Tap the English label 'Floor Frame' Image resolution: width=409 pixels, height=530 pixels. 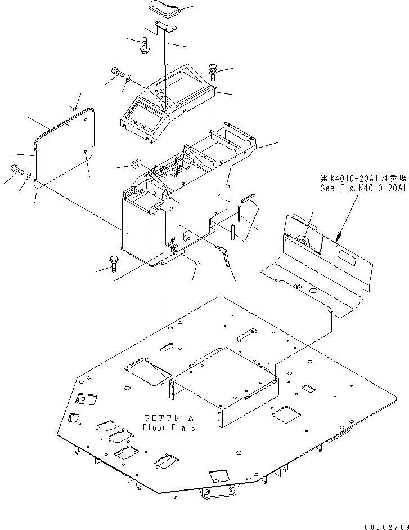169,427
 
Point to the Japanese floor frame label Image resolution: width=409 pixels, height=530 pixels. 169,418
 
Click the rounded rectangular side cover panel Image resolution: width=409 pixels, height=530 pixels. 64,146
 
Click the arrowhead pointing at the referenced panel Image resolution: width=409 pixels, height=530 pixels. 338,235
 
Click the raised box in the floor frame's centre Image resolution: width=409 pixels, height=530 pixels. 225,377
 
